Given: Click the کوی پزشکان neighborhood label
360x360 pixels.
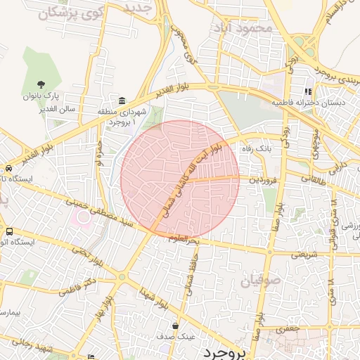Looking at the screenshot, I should coord(67,13).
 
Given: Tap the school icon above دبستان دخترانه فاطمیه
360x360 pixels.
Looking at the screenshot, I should coord(308,91).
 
